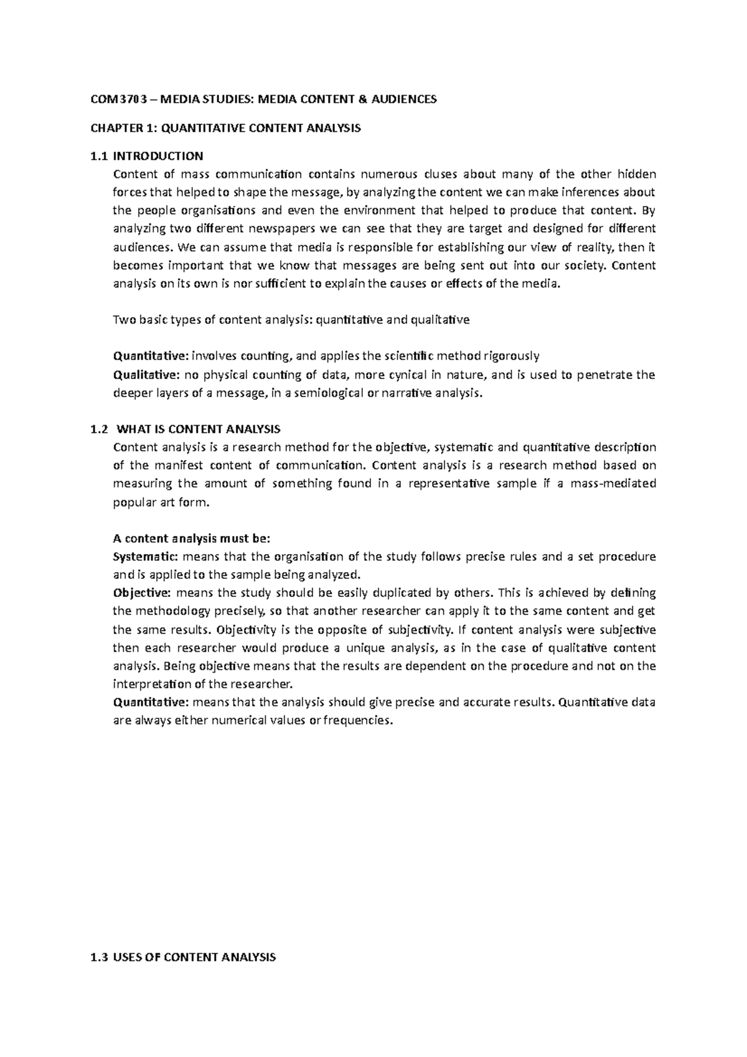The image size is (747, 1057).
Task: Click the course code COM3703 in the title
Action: click(x=115, y=99)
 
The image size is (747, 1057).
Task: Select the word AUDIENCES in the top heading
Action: click(x=405, y=99)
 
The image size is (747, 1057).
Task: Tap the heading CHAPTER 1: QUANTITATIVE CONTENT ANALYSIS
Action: click(x=225, y=129)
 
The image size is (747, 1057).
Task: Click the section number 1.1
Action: click(x=98, y=156)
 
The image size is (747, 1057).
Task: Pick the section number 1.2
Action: click(x=98, y=430)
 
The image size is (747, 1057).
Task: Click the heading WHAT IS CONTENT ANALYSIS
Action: click(x=199, y=430)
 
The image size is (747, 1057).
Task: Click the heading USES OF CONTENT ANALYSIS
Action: click(x=194, y=958)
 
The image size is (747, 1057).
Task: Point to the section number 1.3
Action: click(x=98, y=958)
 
